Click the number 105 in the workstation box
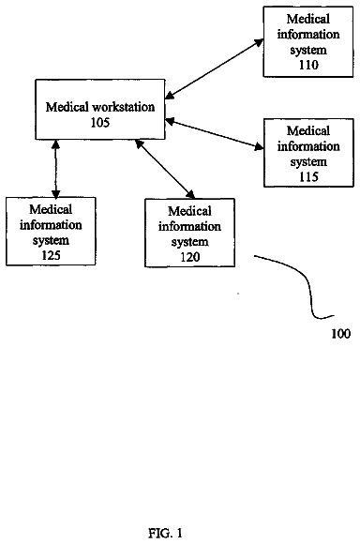click(x=100, y=123)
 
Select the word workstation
click(x=123, y=107)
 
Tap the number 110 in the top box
click(x=308, y=65)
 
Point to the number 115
click(x=308, y=177)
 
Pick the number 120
click(x=189, y=257)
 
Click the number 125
click(x=51, y=255)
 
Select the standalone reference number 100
click(x=341, y=334)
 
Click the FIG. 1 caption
click(x=165, y=533)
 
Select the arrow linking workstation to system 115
click(x=215, y=134)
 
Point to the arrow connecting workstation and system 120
click(x=165, y=169)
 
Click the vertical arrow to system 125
click(x=56, y=169)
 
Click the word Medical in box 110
click(x=308, y=19)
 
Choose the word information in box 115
click(x=308, y=146)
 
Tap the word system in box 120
click(x=189, y=242)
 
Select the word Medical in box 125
click(x=51, y=209)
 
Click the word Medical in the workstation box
click(x=67, y=107)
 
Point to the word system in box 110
click(x=308, y=50)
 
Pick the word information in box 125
click(x=51, y=225)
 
